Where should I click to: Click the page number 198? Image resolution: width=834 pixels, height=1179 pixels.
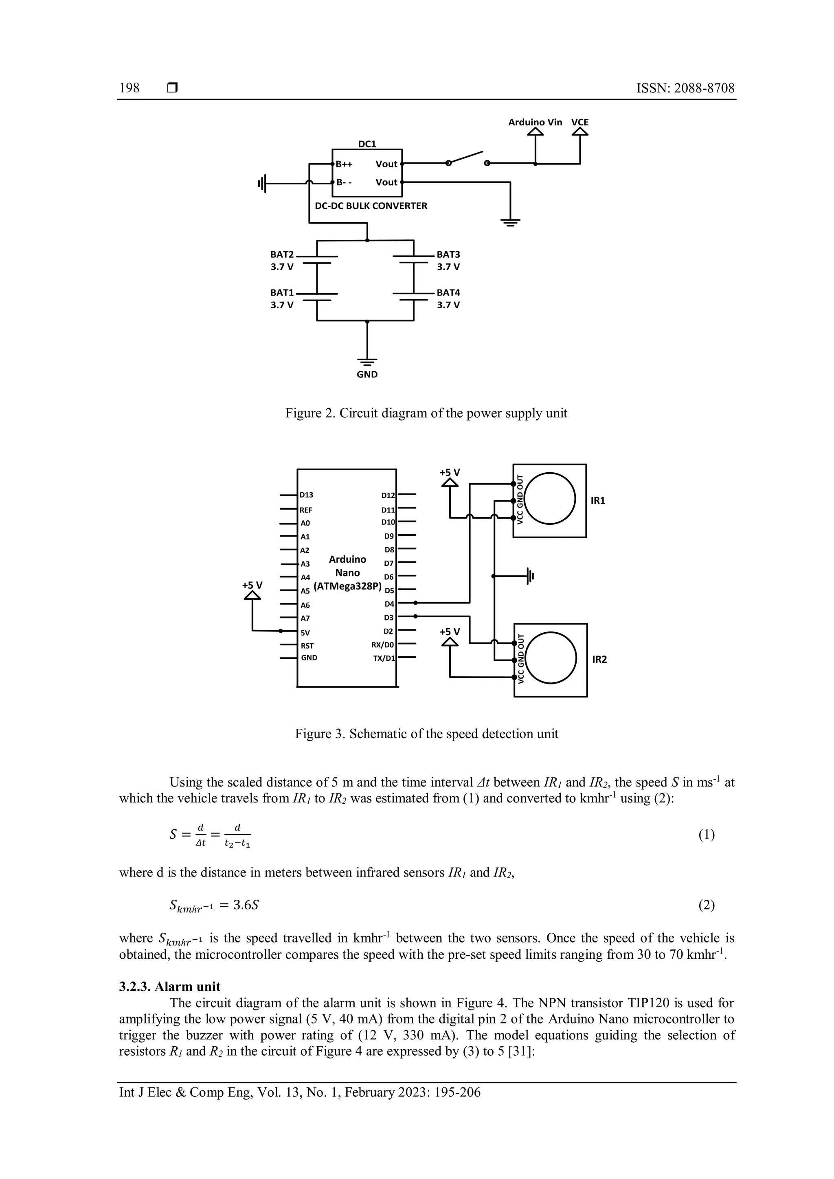(x=129, y=88)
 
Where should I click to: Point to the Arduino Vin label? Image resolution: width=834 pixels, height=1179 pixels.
(x=535, y=122)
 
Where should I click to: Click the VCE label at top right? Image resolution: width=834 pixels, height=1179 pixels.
(x=580, y=122)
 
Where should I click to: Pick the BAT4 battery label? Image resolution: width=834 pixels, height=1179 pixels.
(x=448, y=293)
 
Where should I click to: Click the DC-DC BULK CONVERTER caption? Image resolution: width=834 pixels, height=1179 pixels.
(x=371, y=206)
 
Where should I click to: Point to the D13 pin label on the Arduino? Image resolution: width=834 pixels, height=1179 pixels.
(x=307, y=495)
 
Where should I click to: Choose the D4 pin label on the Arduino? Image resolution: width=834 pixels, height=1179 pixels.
(x=389, y=604)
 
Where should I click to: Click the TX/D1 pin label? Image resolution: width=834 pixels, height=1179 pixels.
(x=384, y=658)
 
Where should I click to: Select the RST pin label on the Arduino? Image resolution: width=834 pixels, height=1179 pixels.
(x=307, y=646)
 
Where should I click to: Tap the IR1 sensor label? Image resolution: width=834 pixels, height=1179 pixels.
(x=598, y=501)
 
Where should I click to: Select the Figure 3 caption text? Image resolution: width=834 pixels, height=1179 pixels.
(x=426, y=734)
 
